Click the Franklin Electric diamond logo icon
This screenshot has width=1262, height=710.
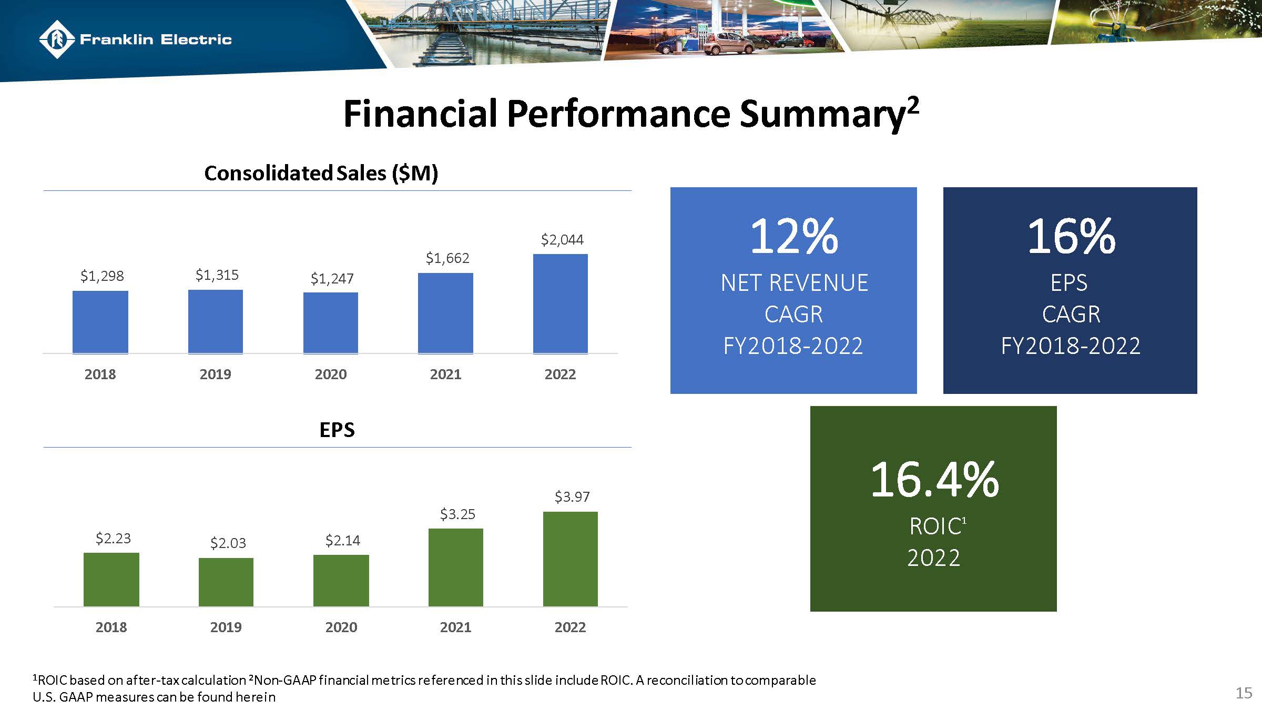pyautogui.click(x=56, y=39)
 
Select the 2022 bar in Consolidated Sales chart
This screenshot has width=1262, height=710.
pyautogui.click(x=561, y=303)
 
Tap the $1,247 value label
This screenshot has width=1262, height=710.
pyautogui.click(x=332, y=278)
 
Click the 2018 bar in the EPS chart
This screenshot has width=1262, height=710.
pyautogui.click(x=111, y=579)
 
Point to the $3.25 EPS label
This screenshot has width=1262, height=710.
pyautogui.click(x=457, y=514)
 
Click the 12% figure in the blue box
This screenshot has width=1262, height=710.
pyautogui.click(x=793, y=236)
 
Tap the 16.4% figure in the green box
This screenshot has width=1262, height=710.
pyautogui.click(x=934, y=479)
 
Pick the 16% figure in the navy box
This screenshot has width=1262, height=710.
pyautogui.click(x=1071, y=236)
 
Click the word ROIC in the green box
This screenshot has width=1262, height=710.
pyautogui.click(x=935, y=526)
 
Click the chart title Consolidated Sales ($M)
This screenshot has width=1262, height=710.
pyautogui.click(x=321, y=173)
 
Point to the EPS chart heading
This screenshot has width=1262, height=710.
pyautogui.click(x=337, y=430)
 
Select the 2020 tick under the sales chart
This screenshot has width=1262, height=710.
pyautogui.click(x=331, y=374)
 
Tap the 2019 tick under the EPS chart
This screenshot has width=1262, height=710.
pyautogui.click(x=226, y=627)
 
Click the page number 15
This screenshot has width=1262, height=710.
pyautogui.click(x=1244, y=693)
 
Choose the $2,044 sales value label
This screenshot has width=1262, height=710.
pyautogui.click(x=562, y=240)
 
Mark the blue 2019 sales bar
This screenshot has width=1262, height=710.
pyautogui.click(x=216, y=321)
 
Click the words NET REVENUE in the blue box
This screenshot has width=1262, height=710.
pyautogui.click(x=793, y=283)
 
